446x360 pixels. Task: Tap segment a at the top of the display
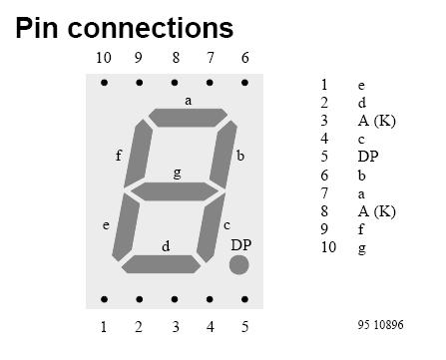[189, 118]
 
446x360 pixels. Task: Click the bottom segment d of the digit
[163, 263]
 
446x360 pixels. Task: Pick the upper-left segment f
[138, 154]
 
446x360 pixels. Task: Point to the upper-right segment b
[224, 154]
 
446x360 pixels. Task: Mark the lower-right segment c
[211, 227]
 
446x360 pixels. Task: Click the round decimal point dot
[239, 263]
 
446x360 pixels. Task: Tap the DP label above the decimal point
[240, 244]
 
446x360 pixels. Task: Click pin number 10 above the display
[104, 58]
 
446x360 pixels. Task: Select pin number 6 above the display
[245, 58]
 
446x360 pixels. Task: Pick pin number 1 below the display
[104, 326]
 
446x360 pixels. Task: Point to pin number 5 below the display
[245, 326]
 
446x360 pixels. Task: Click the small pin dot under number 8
[175, 83]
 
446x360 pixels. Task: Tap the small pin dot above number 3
[175, 299]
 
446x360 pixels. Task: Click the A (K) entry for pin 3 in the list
[376, 120]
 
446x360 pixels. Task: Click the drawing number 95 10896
[380, 325]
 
